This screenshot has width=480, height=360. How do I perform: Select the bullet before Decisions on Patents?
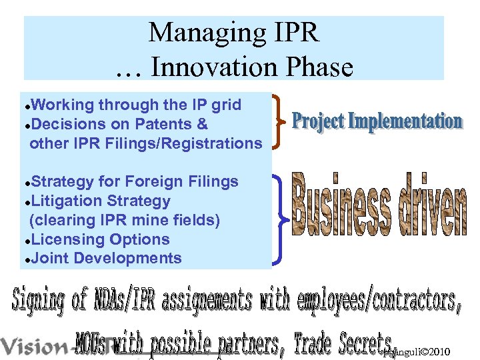click(x=26, y=125)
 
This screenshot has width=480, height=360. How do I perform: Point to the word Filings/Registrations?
click(x=184, y=143)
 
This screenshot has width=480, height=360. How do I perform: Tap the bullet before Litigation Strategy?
click(x=26, y=201)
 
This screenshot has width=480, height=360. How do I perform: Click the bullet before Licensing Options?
click(x=26, y=240)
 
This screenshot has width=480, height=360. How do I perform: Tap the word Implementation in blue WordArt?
click(x=406, y=121)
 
